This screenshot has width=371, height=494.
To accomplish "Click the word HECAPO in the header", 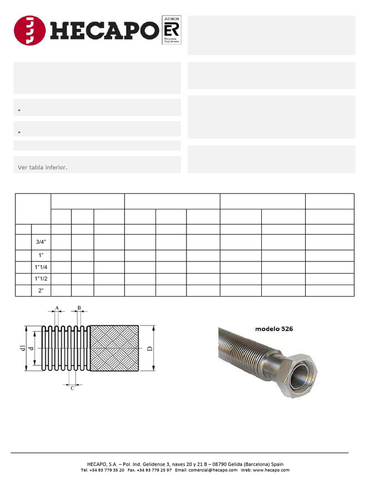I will pyautogui.click(x=103, y=30).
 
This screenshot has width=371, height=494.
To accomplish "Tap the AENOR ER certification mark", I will pyautogui.click(x=171, y=30).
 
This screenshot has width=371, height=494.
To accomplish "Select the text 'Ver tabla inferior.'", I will pyautogui.click(x=43, y=167).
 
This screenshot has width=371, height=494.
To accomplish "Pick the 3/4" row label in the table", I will pyautogui.click(x=41, y=242).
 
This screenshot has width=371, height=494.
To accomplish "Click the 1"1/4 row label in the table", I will pyautogui.click(x=41, y=267).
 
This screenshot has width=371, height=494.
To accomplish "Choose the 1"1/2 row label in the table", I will pyautogui.click(x=41, y=279).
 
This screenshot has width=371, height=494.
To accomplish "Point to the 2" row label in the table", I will pyautogui.click(x=41, y=291).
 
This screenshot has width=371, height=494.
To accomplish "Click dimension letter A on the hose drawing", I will pyautogui.click(x=57, y=307).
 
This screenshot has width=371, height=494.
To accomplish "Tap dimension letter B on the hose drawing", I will pyautogui.click(x=79, y=307).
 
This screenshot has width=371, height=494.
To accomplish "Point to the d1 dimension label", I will pyautogui.click(x=22, y=348).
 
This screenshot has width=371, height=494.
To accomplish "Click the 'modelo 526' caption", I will pyautogui.click(x=274, y=329).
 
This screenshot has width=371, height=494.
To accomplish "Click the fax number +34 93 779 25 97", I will pyautogui.click(x=154, y=470).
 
